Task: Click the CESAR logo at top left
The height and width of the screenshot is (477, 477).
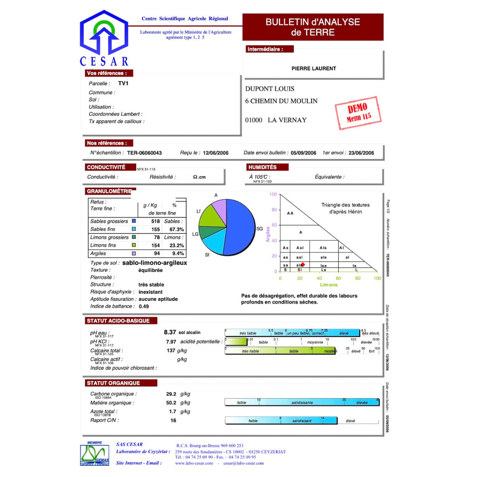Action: (x=104, y=40)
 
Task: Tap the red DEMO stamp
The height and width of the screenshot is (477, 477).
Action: (x=358, y=113)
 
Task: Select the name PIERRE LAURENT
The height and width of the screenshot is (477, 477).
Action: (x=313, y=68)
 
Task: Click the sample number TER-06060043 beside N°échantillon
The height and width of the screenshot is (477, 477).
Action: (x=144, y=153)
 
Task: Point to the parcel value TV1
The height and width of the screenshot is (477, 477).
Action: (x=123, y=83)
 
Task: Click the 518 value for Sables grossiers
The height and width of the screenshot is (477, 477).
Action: (x=155, y=221)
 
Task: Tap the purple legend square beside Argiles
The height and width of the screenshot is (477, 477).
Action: (x=134, y=253)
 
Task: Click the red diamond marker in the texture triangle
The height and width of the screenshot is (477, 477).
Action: (x=303, y=264)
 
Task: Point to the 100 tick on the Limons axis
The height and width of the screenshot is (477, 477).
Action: (x=377, y=278)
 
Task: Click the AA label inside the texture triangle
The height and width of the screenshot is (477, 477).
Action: (x=290, y=213)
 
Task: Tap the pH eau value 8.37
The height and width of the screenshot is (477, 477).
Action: (x=170, y=332)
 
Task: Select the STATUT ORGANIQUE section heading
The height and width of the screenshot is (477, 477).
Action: (x=113, y=383)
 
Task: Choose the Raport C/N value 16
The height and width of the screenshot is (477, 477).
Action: (x=173, y=420)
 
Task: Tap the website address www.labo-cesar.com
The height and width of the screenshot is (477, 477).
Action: (x=194, y=463)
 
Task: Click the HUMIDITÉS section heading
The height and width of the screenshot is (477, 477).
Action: (x=262, y=167)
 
